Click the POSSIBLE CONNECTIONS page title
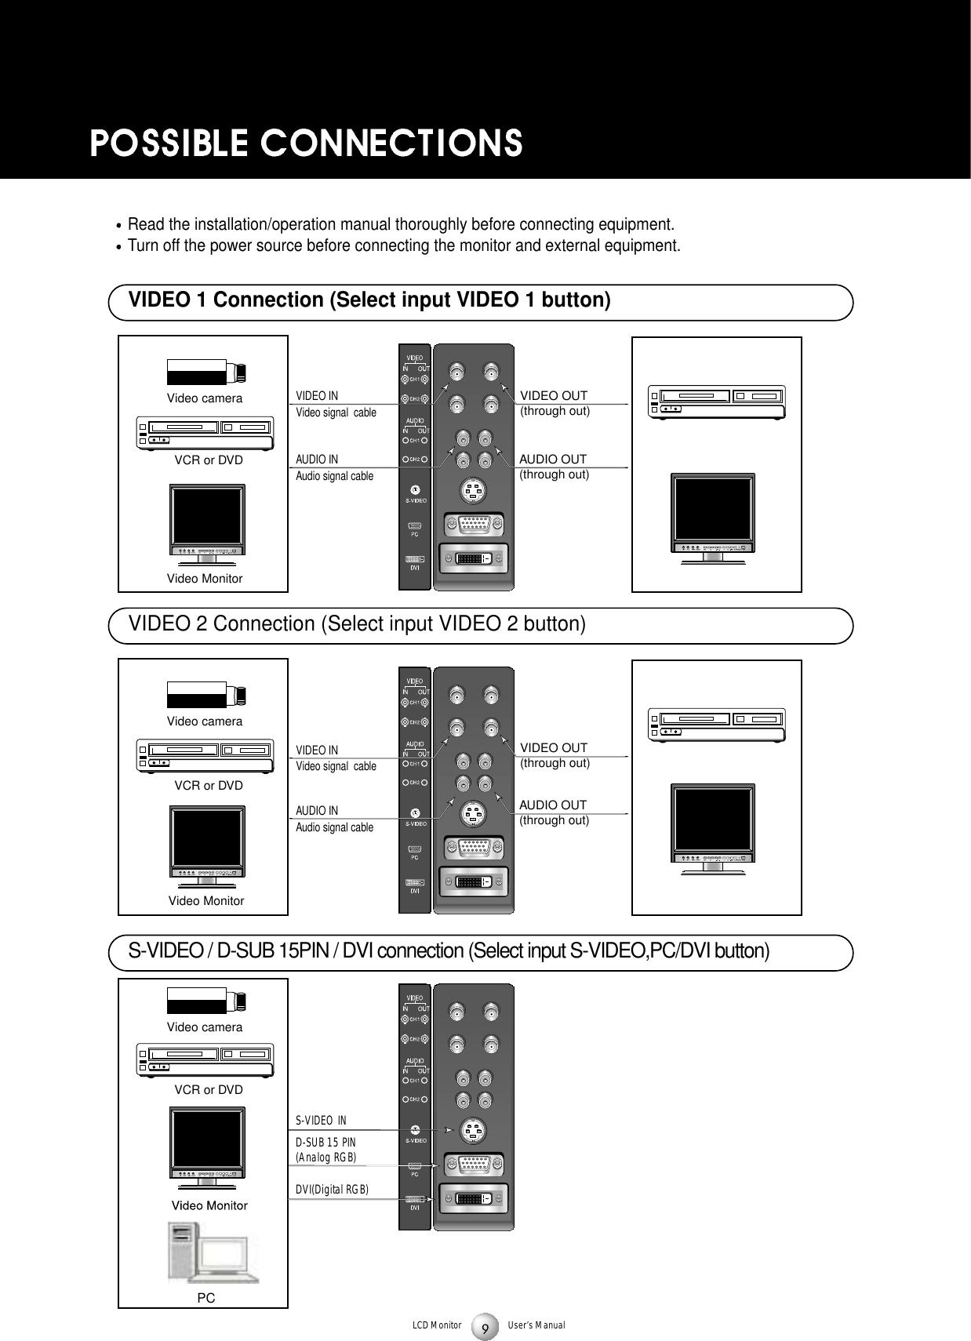[306, 144]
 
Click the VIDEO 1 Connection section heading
[369, 300]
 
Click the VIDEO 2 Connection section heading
[357, 624]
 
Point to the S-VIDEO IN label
[326, 1119]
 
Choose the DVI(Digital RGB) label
[332, 1190]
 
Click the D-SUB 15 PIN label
[325, 1143]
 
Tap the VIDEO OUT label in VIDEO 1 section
[554, 396]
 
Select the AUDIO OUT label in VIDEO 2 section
[553, 805]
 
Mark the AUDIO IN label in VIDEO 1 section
[317, 460]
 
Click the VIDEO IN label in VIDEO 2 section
[317, 750]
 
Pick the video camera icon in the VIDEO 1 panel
[205, 371]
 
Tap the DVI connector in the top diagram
[474, 560]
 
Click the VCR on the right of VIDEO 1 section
[716, 402]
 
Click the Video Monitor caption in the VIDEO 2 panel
[206, 901]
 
